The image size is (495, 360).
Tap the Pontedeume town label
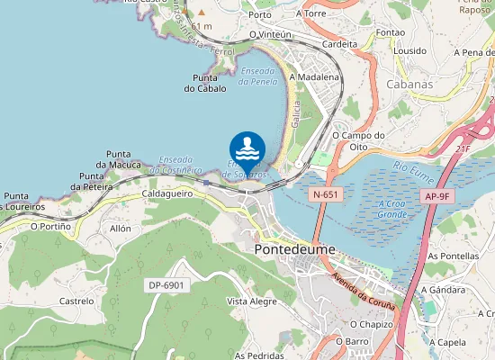click(294, 249)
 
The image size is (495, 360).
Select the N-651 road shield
click(326, 194)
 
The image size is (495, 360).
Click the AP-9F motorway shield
click(437, 195)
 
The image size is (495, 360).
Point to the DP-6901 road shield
click(166, 285)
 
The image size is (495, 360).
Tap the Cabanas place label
click(409, 84)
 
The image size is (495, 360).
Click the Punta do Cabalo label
click(204, 83)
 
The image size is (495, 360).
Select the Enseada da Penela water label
click(258, 76)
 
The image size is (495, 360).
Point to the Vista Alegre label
click(252, 301)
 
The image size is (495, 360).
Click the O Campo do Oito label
click(358, 141)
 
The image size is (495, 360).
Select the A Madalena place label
click(314, 77)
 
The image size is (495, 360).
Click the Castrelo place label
click(76, 301)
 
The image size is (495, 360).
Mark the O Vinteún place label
click(272, 34)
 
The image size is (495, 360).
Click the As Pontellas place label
click(452, 256)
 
